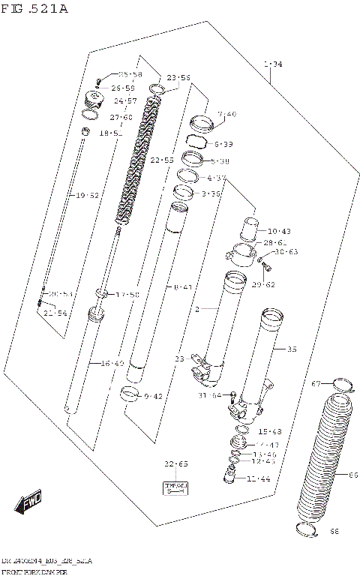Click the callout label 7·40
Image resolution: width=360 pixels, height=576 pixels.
pos(226,114)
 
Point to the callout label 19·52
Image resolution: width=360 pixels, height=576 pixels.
pos(87,195)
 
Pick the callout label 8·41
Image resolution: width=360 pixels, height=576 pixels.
pos(182,286)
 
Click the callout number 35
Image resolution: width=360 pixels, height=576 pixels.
pos(292,349)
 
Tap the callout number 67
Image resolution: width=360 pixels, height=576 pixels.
pos(316,384)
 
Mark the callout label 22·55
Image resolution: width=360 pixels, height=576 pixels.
pos(161,160)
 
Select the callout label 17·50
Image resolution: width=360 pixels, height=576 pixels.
pos(127,295)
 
